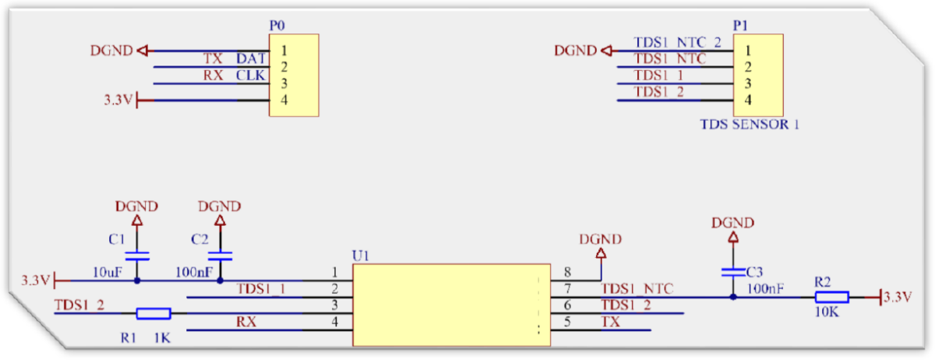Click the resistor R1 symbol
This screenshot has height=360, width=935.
(153, 313)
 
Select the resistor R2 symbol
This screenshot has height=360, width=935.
(831, 297)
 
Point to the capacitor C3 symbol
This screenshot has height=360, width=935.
(732, 272)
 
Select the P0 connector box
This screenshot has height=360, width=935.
(294, 76)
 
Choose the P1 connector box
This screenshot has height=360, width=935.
(758, 76)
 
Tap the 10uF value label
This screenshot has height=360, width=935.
(109, 272)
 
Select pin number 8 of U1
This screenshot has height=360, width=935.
(567, 273)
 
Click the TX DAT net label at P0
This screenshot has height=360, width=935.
(235, 58)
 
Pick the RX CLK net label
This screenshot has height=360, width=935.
(235, 76)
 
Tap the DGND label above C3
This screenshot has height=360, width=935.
(732, 223)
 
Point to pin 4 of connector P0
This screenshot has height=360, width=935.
(284, 100)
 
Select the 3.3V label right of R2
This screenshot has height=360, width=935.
(898, 297)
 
